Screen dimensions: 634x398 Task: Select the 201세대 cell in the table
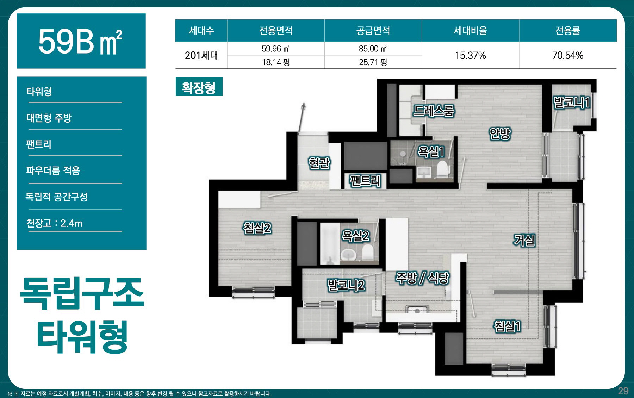click(201, 55)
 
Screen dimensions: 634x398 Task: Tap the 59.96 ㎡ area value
click(275, 49)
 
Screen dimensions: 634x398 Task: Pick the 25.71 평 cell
click(373, 62)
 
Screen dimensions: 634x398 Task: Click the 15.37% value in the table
click(470, 55)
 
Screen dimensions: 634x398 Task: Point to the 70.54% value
click(567, 55)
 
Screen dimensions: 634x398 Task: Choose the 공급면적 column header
click(373, 31)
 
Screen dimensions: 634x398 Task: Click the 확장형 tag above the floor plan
click(199, 87)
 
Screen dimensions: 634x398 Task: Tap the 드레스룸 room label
click(434, 111)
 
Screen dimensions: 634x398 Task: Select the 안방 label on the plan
click(500, 133)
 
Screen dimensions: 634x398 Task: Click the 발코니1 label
click(572, 102)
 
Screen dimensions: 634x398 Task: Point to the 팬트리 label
click(365, 181)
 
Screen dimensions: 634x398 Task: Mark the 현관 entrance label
click(319, 163)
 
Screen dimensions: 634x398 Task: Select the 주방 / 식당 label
click(422, 278)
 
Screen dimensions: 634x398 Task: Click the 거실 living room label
click(524, 240)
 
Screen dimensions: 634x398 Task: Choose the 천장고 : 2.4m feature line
click(54, 223)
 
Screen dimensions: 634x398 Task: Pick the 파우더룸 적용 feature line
click(53, 170)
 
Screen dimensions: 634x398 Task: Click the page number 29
click(623, 391)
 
